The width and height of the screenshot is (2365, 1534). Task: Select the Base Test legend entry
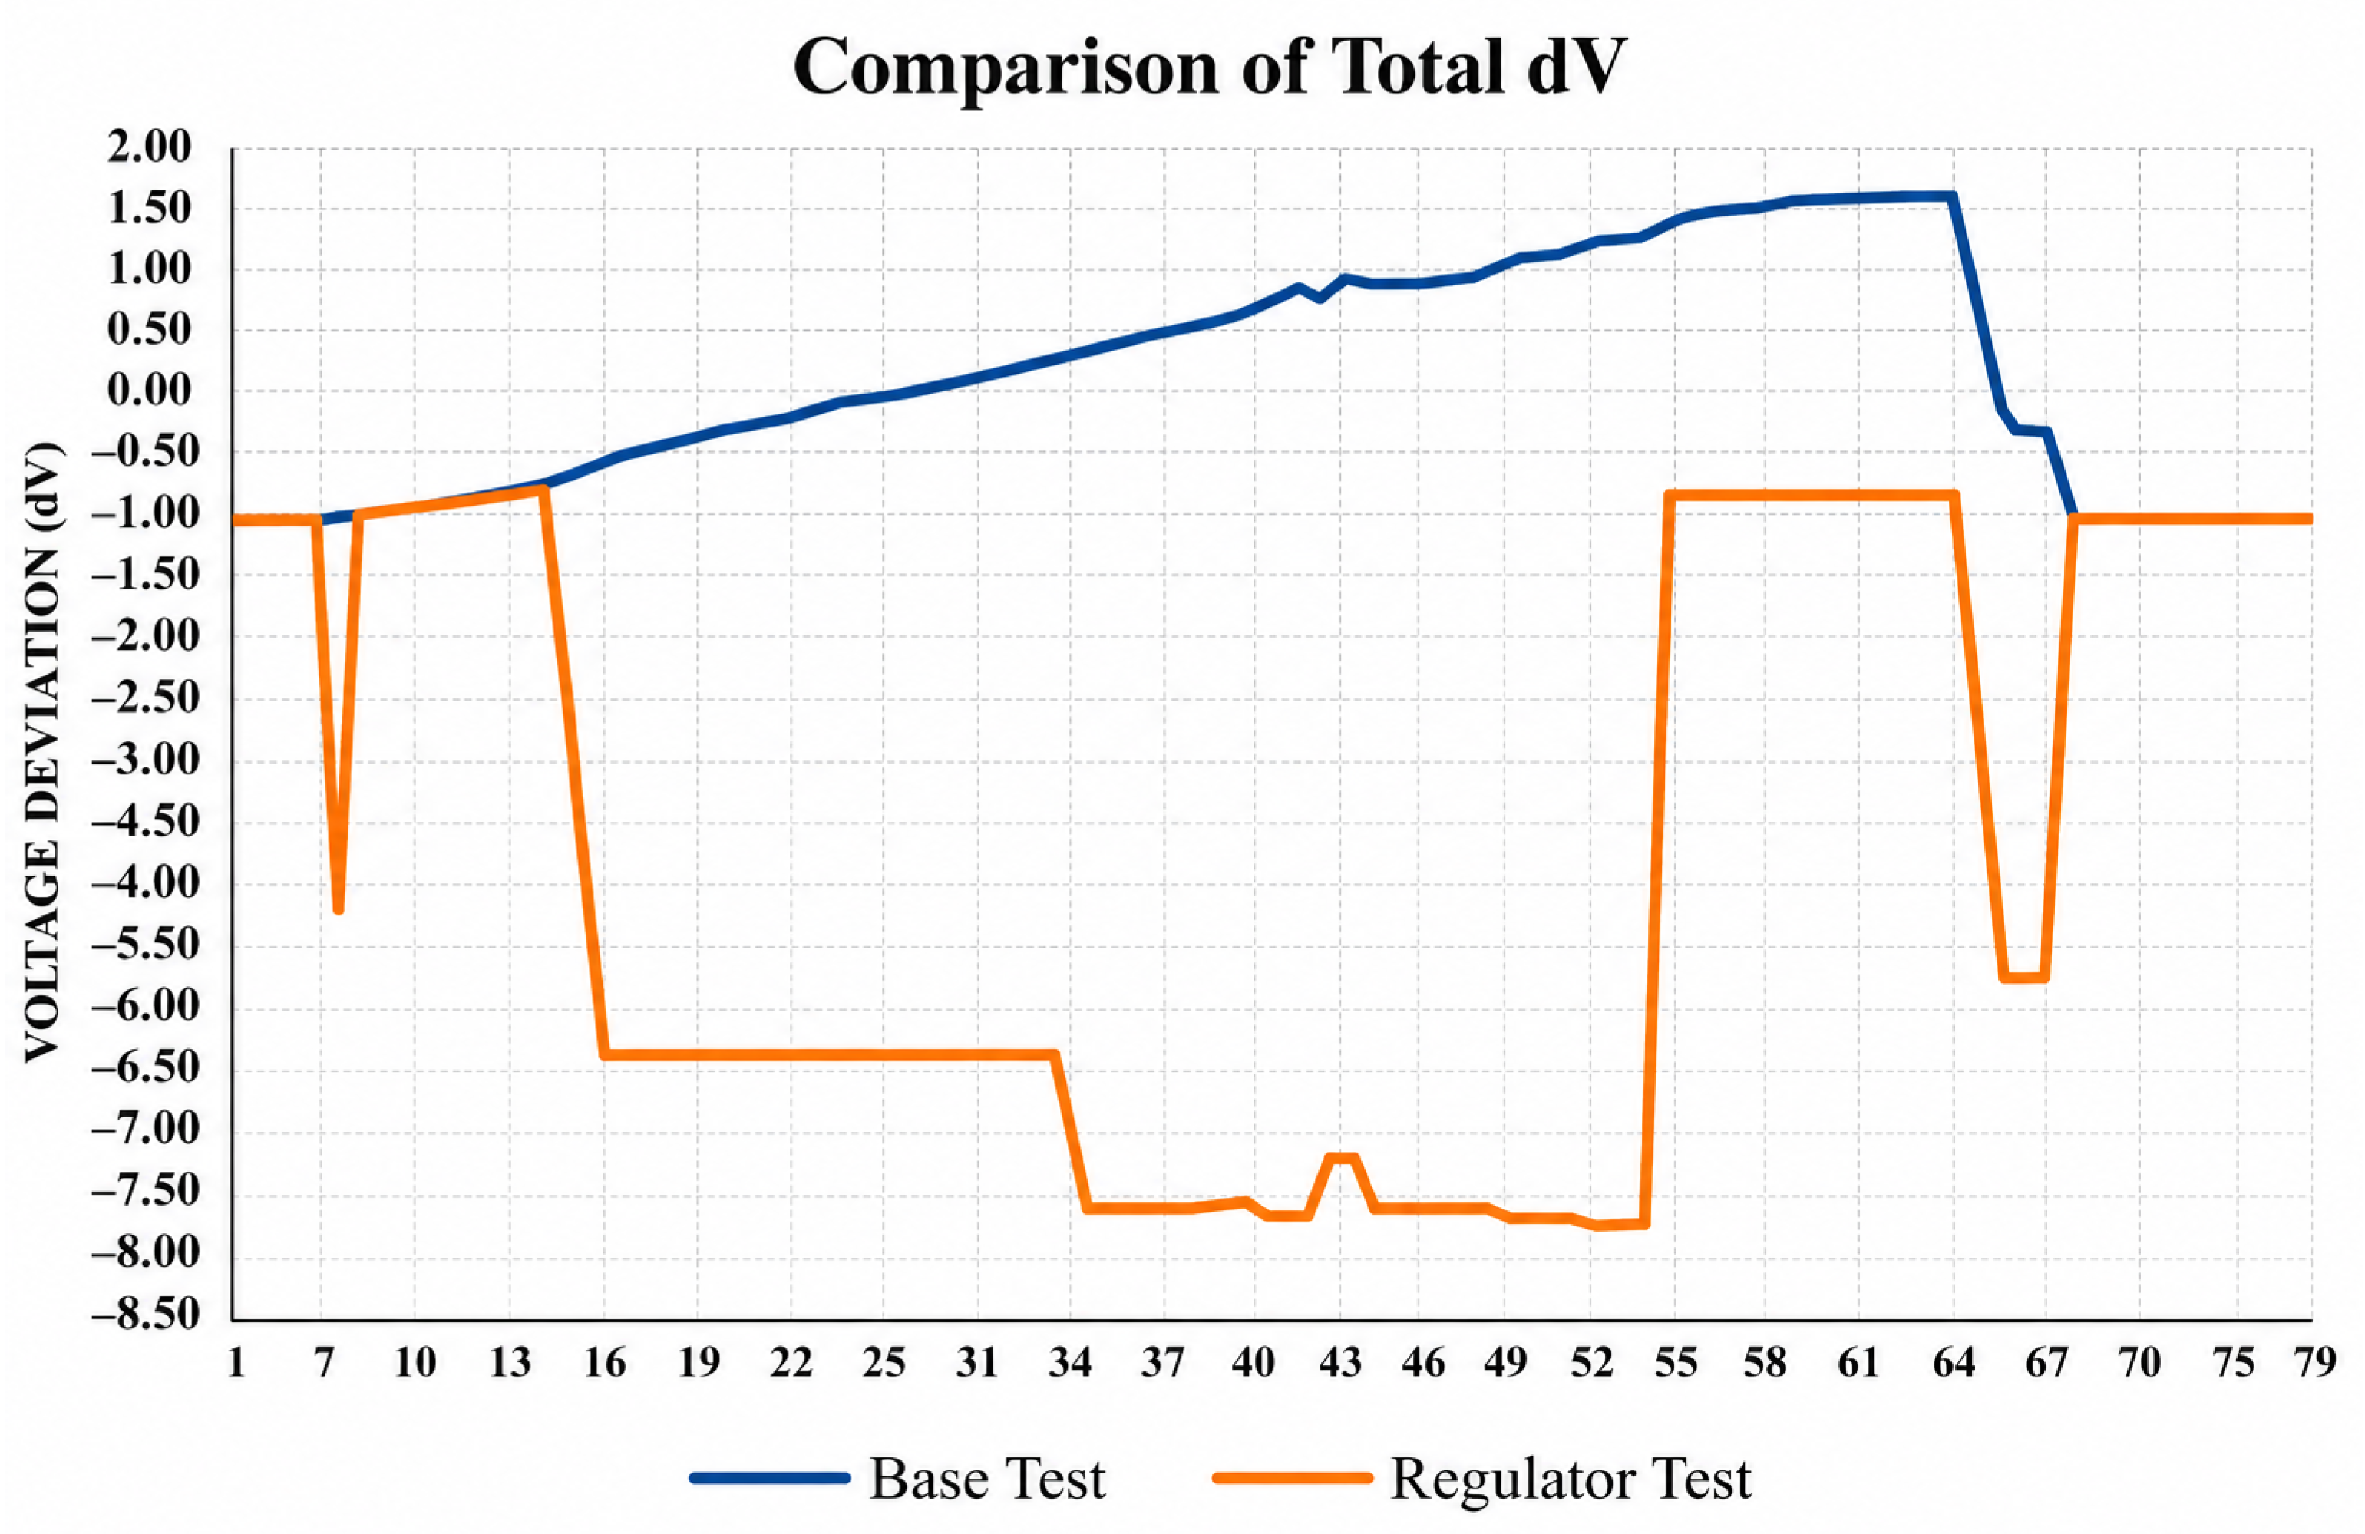click(897, 1477)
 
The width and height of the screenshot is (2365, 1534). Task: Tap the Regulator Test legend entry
click(1482, 1477)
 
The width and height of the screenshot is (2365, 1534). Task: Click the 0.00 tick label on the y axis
click(149, 391)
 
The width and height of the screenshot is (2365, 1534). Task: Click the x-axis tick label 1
click(236, 1363)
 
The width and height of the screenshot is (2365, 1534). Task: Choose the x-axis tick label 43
click(1339, 1363)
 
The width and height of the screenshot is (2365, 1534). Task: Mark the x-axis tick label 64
click(1954, 1363)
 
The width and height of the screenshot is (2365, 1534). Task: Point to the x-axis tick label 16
click(604, 1363)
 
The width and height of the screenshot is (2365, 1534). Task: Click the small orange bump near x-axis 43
click(1343, 1157)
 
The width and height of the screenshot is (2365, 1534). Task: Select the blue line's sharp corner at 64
click(1954, 196)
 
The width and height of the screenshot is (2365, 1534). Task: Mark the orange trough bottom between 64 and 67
click(2024, 978)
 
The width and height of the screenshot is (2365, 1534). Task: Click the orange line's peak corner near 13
click(543, 489)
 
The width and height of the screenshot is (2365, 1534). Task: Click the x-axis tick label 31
click(977, 1363)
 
